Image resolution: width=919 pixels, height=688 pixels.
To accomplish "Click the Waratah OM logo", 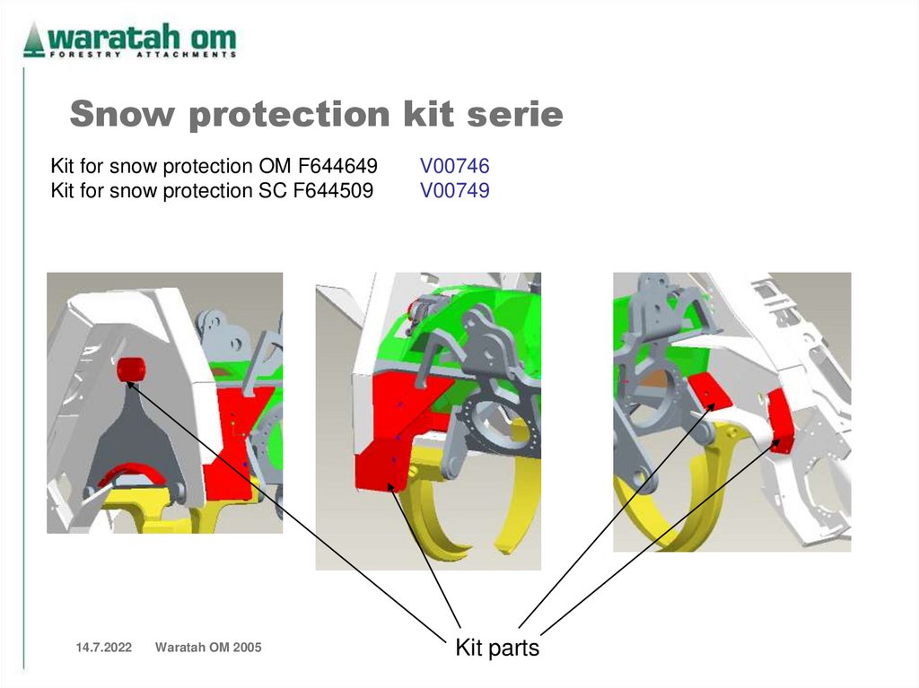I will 131,40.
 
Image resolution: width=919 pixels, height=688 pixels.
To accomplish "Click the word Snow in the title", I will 117,115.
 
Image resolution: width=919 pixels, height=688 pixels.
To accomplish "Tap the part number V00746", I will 454,166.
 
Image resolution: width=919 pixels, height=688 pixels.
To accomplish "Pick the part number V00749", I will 454,190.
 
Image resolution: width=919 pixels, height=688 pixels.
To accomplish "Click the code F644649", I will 333,166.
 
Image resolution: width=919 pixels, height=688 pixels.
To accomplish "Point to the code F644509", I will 331,190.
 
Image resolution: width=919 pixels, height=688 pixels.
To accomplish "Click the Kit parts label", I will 497,648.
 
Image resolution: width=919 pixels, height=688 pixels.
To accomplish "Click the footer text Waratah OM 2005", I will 208,648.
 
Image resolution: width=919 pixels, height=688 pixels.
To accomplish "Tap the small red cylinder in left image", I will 131,368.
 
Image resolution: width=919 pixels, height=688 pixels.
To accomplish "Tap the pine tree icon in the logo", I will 33,39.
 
